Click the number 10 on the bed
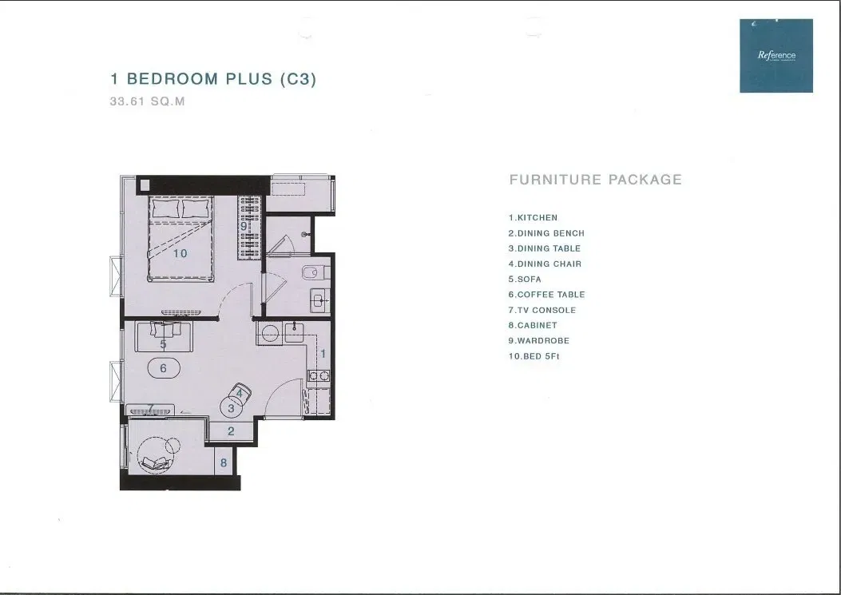click(180, 253)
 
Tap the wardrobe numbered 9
click(251, 227)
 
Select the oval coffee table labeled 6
click(164, 368)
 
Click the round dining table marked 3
click(232, 408)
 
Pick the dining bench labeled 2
click(231, 431)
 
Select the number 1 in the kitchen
click(323, 352)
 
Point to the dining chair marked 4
click(240, 392)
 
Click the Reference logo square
click(776, 55)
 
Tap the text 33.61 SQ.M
click(147, 102)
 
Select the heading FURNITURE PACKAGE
click(595, 180)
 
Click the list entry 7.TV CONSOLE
click(541, 310)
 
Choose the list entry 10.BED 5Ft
click(534, 356)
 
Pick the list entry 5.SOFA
click(525, 280)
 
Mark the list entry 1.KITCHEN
click(533, 217)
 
